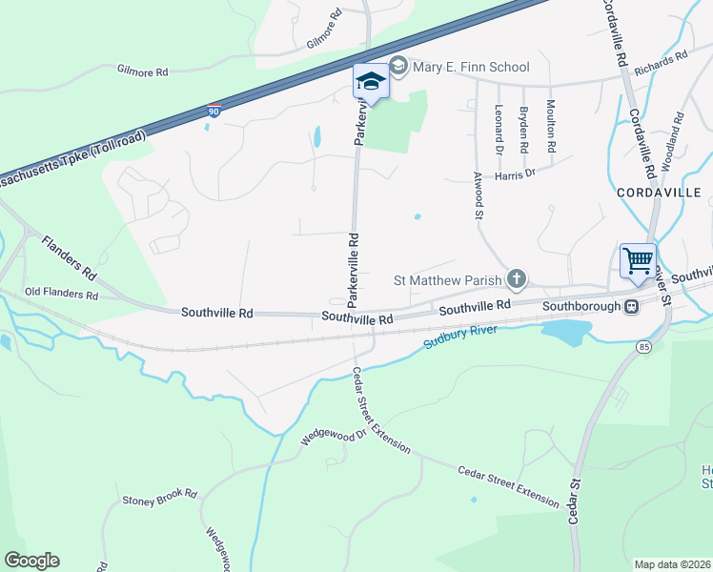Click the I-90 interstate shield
(214, 112)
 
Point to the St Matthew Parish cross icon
(517, 279)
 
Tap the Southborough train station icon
(631, 306)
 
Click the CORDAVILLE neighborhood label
(659, 193)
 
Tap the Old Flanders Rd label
(62, 295)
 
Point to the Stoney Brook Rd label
(159, 497)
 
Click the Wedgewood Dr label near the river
(334, 436)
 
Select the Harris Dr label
(517, 174)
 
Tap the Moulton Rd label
(551, 127)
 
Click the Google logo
(31, 561)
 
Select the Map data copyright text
(672, 564)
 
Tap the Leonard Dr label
(499, 130)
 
